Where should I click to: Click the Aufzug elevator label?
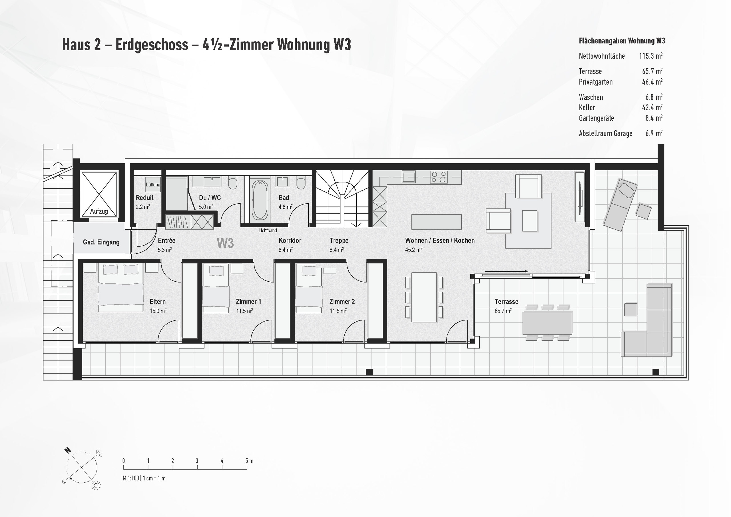99,211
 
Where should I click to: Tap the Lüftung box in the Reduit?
153,185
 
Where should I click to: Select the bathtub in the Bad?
260,200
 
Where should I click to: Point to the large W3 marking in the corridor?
225,243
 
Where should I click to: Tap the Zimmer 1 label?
248,301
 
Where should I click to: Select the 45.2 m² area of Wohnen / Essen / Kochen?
413,250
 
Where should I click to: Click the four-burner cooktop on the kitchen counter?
438,177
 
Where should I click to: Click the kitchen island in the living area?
436,222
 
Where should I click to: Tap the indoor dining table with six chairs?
424,297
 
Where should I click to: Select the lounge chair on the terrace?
620,204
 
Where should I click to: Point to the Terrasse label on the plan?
506,301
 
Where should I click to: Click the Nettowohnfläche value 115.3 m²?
650,56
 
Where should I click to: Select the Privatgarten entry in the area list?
595,82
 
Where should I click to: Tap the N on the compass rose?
67,450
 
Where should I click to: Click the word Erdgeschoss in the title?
152,45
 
